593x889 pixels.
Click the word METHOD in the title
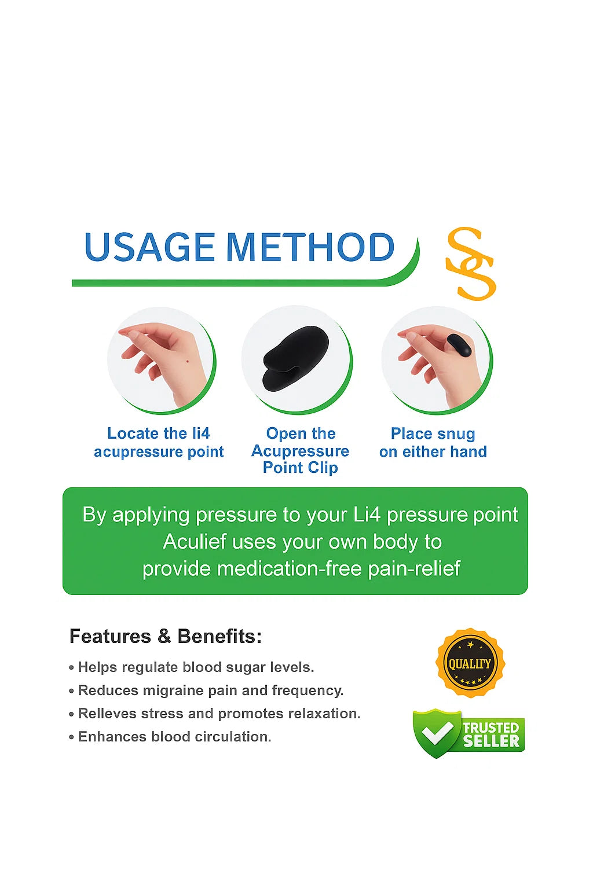(310, 248)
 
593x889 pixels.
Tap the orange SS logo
(470, 263)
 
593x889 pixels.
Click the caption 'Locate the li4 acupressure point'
(159, 442)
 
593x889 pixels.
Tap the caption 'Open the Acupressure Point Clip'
(300, 450)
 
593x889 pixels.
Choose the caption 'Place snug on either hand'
(433, 442)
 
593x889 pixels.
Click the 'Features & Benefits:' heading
(166, 636)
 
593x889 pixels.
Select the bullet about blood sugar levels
(196, 667)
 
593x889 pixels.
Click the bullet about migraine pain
(210, 690)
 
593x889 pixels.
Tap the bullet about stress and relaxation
(219, 714)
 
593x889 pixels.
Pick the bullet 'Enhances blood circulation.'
(174, 737)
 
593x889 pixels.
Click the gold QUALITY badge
(470, 663)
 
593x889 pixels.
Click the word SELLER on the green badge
(491, 741)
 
